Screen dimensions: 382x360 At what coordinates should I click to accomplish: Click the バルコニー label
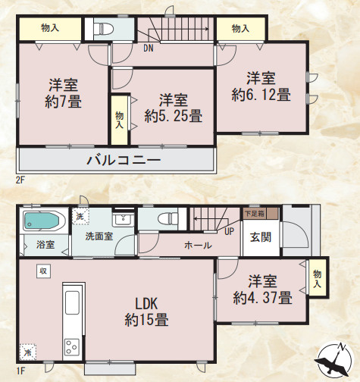click(x=123, y=160)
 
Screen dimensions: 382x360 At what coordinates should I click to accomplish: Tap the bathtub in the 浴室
click(x=42, y=222)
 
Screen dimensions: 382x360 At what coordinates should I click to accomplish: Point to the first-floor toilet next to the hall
click(x=166, y=219)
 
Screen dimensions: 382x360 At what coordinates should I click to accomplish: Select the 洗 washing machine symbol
click(x=80, y=216)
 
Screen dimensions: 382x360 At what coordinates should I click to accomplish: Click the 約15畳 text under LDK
click(x=146, y=319)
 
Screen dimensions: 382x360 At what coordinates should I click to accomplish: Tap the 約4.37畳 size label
click(x=262, y=298)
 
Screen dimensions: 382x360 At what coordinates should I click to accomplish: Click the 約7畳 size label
click(x=64, y=101)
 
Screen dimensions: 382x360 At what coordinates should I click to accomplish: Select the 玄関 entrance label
click(x=252, y=235)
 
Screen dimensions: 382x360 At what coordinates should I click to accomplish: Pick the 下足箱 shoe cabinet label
click(x=254, y=214)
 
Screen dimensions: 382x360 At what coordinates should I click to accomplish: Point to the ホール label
click(x=197, y=246)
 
